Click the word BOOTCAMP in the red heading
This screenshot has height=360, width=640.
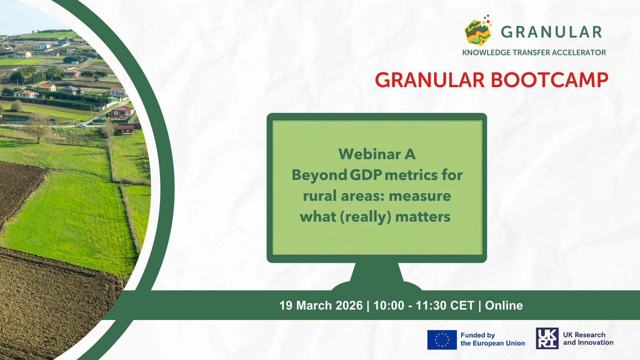550,80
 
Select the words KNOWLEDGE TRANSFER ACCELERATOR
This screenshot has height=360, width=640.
534,52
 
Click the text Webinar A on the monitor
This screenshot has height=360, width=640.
377,154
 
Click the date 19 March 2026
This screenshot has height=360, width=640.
321,306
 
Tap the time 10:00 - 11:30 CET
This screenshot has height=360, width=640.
424,306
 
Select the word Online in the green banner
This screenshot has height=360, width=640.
504,306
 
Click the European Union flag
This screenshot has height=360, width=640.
442,340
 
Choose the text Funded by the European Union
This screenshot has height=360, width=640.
492,339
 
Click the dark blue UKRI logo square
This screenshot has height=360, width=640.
547,338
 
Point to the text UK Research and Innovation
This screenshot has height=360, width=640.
588,338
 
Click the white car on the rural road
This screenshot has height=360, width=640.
81,126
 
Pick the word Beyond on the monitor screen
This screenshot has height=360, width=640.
320,175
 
